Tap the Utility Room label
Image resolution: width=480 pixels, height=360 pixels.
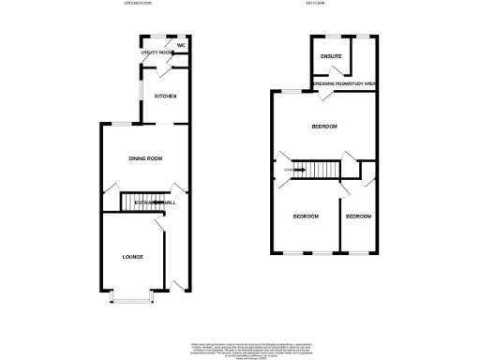coord(156,53)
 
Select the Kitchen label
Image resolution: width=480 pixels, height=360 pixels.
coord(166,96)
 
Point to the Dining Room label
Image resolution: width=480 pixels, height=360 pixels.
coord(146,158)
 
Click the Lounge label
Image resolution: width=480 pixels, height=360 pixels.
coord(132,256)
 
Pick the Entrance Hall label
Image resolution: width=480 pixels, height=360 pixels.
coord(154,202)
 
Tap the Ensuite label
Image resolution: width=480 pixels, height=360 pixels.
coord(330,57)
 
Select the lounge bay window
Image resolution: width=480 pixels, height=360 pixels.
coord(132,298)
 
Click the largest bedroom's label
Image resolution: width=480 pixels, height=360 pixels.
coord(324,127)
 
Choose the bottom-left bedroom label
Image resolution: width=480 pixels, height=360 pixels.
coord(306,217)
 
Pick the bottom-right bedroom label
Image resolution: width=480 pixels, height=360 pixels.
coord(357,217)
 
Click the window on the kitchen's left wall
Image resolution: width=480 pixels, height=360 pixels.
coord(141,94)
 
